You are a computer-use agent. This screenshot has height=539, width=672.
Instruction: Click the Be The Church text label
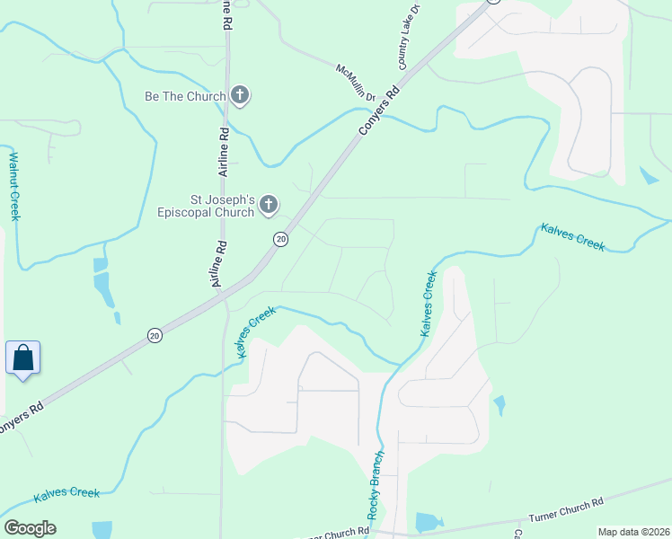pyautogui.click(x=185, y=96)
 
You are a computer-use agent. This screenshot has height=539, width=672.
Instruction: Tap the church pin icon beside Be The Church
pyautogui.click(x=239, y=94)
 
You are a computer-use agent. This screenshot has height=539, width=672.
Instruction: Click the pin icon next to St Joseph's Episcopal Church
pyautogui.click(x=267, y=207)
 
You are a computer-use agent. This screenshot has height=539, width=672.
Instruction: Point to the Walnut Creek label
pyautogui.click(x=13, y=186)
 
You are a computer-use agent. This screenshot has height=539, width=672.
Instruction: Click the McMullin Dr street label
pyautogui.click(x=355, y=82)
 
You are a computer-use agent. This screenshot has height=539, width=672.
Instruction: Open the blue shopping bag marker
pyautogui.click(x=22, y=358)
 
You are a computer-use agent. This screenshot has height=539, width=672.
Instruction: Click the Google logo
pyautogui.click(x=30, y=527)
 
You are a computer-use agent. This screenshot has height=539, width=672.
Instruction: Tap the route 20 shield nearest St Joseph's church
pyautogui.click(x=280, y=239)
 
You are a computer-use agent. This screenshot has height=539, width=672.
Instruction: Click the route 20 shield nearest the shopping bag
pyautogui.click(x=155, y=335)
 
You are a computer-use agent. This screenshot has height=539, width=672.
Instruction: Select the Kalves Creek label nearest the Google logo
pyautogui.click(x=66, y=493)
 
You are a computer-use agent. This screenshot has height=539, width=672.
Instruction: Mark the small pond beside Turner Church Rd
pyautogui.click(x=428, y=522)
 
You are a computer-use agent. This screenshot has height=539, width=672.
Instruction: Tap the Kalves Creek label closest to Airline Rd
pyautogui.click(x=255, y=331)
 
